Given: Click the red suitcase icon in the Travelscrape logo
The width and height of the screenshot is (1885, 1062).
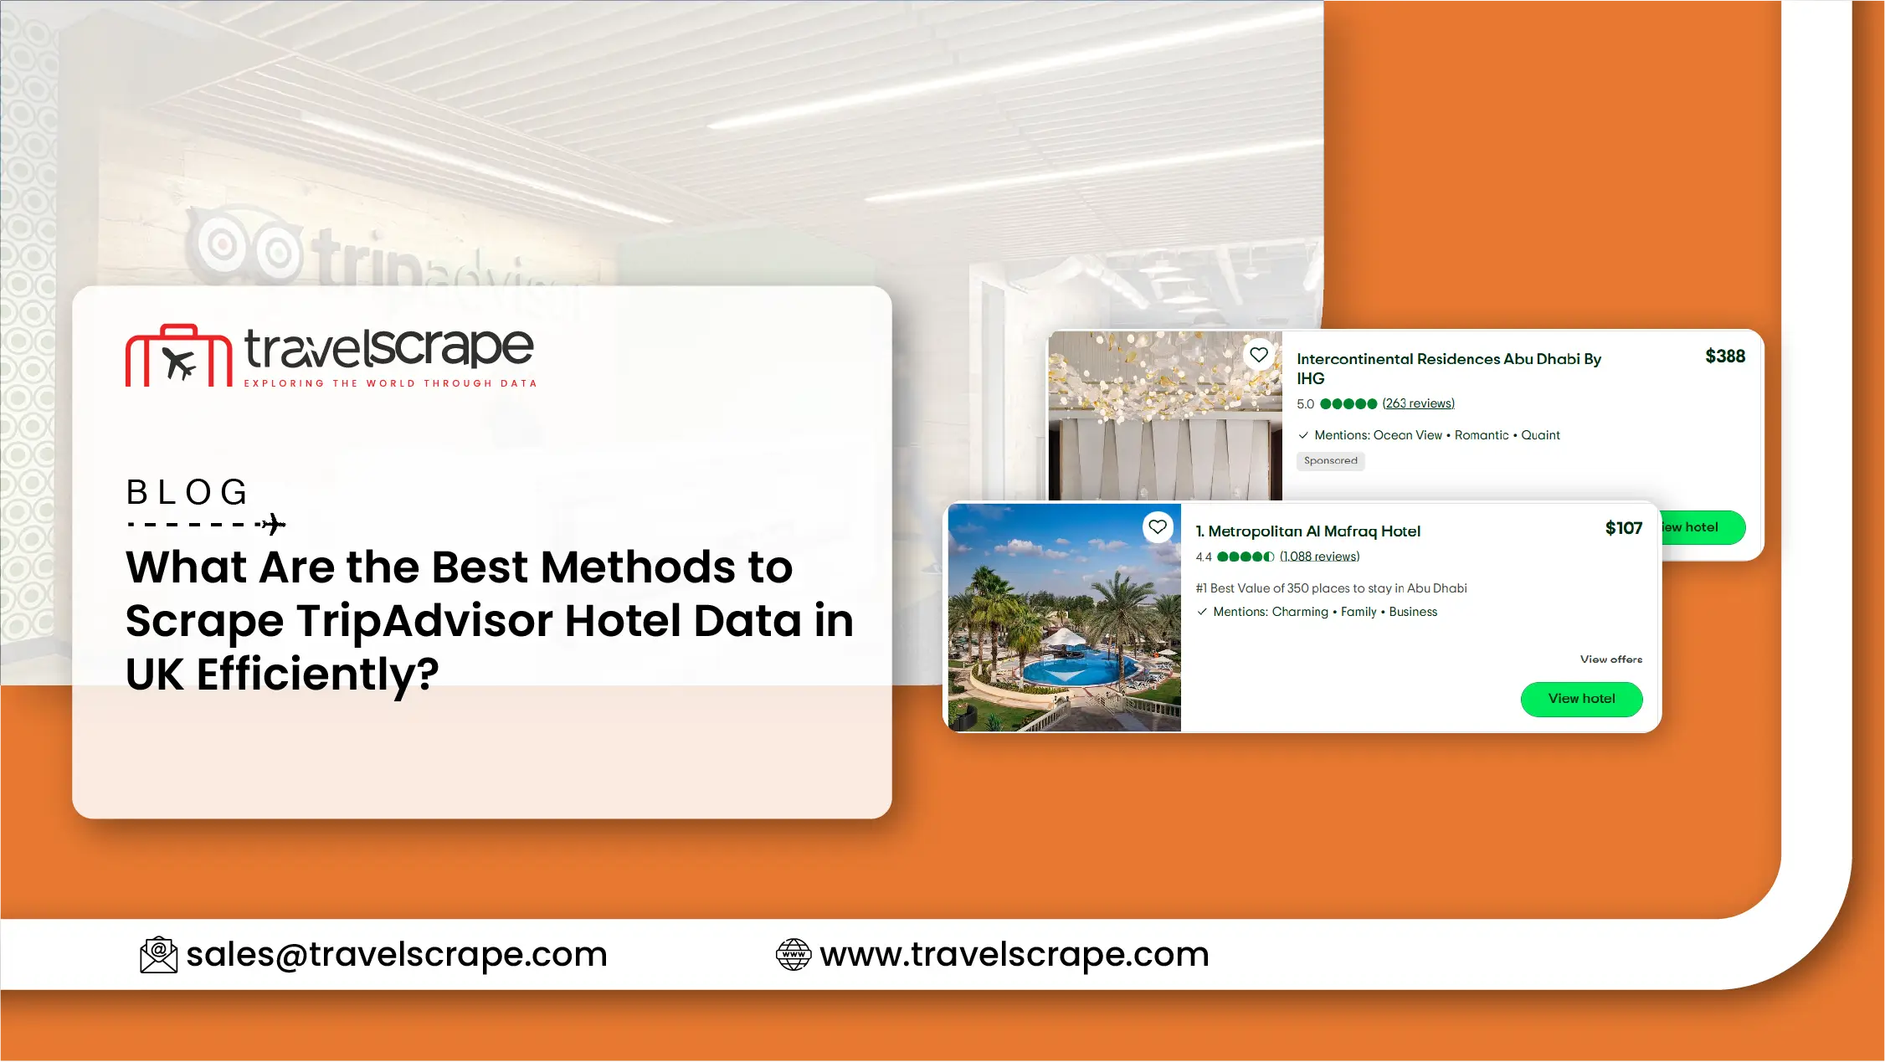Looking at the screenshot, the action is (178, 356).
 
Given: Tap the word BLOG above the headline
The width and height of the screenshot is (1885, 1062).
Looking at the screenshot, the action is (187, 492).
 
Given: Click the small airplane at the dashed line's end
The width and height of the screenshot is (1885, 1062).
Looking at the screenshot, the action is (273, 525).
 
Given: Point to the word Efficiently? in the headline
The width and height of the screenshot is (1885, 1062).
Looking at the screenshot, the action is (318, 675).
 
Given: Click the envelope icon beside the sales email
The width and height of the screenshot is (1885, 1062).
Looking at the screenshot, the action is (158, 955).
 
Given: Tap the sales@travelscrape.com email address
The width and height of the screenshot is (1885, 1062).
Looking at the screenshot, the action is (397, 955).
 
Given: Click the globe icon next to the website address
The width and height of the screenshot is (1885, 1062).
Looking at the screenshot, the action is (794, 955).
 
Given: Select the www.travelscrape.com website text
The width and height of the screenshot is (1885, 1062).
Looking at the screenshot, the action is (1014, 955).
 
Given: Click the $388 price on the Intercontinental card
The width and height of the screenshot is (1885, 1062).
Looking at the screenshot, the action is (1725, 357).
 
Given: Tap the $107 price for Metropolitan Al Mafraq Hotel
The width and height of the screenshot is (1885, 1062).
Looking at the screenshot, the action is (1624, 528).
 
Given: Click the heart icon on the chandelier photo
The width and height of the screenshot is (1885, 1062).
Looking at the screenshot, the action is (1259, 355).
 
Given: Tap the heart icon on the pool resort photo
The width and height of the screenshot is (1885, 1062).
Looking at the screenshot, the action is (1158, 527).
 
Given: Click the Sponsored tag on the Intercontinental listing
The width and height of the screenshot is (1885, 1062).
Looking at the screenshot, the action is (1331, 461).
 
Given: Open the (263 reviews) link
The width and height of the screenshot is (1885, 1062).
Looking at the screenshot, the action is (1419, 403).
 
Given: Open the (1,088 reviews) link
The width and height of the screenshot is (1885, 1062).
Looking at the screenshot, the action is (1320, 557).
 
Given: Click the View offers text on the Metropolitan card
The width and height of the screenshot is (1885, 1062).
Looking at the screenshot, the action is (1611, 659).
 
